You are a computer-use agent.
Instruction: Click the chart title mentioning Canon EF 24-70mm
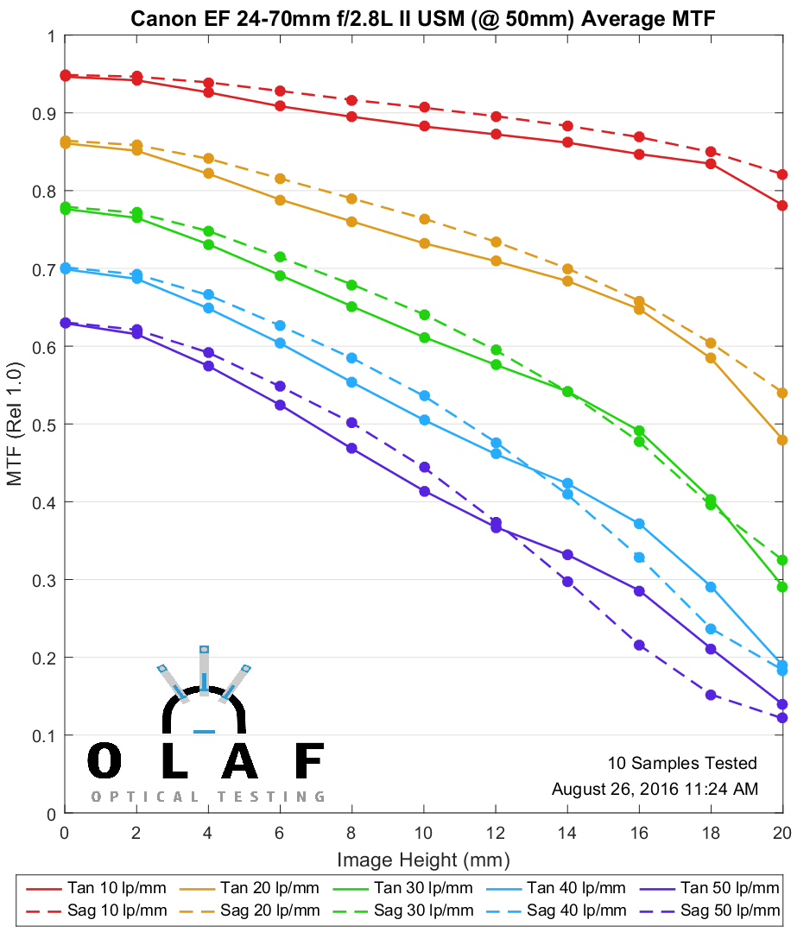pos(422,18)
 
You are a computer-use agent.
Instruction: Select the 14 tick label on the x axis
pos(566,833)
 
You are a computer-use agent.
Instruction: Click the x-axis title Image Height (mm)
pos(423,860)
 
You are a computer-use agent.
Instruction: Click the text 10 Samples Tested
pos(682,763)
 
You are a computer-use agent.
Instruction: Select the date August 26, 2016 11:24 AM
pos(655,789)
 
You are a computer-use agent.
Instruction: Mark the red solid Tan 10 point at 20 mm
pos(782,205)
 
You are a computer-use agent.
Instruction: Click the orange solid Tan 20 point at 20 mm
pos(782,440)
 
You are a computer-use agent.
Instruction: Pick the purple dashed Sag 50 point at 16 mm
pos(639,645)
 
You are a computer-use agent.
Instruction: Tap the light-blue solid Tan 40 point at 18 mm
pos(711,587)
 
